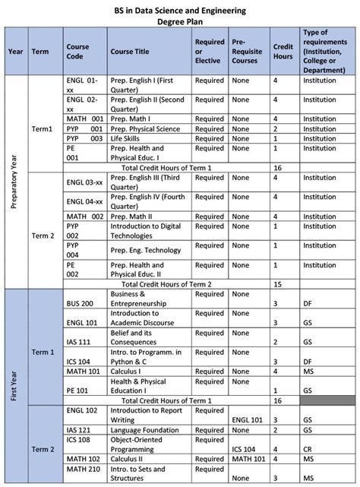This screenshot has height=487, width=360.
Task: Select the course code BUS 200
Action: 81,303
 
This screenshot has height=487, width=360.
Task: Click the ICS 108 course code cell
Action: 79,447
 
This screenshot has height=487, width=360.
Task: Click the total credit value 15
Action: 278,283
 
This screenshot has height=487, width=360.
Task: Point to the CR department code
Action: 308,448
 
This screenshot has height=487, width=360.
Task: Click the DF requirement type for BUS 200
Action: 308,303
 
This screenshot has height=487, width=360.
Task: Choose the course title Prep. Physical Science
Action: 147,128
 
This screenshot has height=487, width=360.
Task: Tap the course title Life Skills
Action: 129,138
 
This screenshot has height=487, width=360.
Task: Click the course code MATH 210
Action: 83,477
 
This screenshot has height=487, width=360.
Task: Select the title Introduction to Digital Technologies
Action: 145,230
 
